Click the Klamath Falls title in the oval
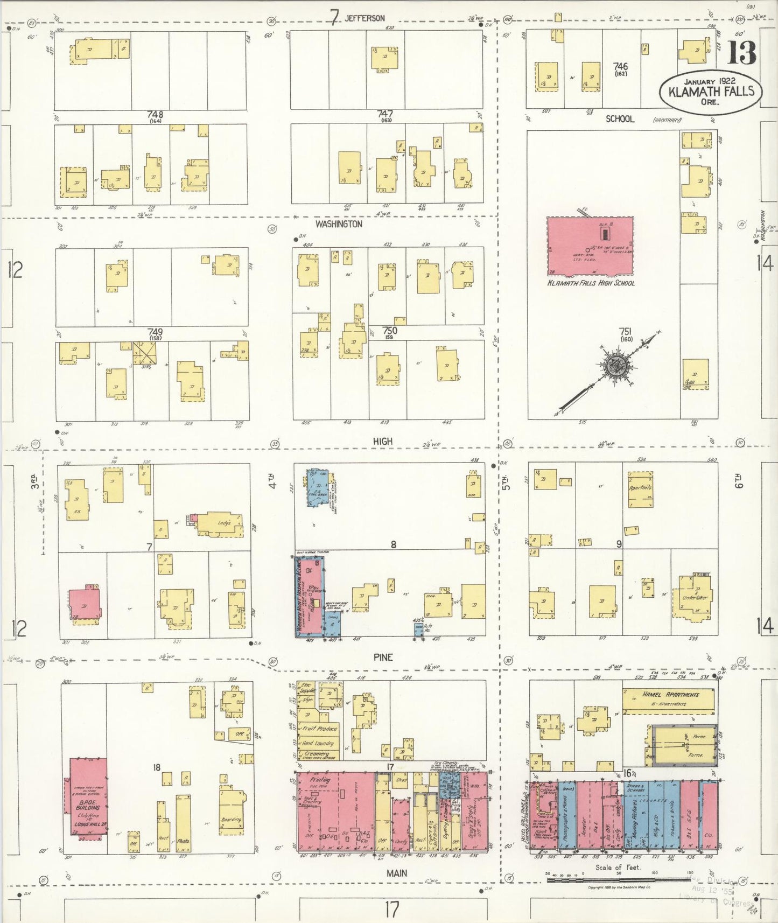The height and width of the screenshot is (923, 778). [711, 91]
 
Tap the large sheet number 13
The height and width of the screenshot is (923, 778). [741, 53]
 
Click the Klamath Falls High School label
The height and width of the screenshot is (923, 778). [591, 283]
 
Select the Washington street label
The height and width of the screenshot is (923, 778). [339, 224]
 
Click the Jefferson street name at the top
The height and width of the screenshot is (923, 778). [365, 18]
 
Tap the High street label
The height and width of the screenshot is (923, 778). [383, 442]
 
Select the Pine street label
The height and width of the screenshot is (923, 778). [383, 657]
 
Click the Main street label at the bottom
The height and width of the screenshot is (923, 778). [397, 873]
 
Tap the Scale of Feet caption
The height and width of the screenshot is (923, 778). [618, 868]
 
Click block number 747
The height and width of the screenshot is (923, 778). [385, 114]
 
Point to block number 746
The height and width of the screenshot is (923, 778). [620, 66]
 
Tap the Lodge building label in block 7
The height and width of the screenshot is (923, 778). [224, 523]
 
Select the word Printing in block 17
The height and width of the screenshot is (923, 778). [319, 780]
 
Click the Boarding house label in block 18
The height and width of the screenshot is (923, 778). [231, 820]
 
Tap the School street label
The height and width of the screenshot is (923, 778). [620, 119]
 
